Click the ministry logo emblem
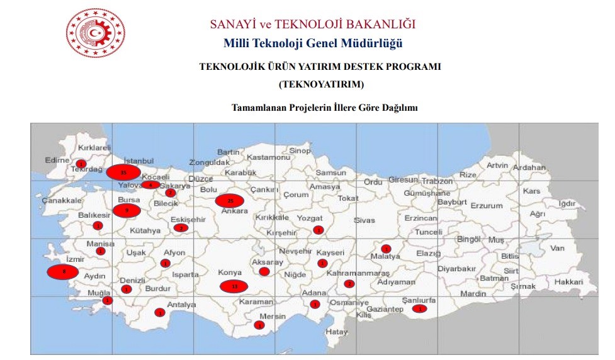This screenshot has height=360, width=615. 96,33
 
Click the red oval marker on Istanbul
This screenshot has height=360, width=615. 123,172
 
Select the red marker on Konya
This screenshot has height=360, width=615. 234,286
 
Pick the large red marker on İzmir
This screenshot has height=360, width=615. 63,272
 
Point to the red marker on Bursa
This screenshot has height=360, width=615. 127,210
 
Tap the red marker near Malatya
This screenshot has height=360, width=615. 386,249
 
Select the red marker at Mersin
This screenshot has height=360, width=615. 259,325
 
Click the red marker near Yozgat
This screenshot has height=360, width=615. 319,230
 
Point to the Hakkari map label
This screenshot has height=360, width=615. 569,283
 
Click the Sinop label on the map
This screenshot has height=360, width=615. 300,151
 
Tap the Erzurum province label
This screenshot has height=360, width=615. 487,206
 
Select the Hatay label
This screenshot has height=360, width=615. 337,332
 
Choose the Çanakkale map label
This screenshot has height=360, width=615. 62,200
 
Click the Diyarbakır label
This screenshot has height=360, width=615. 458,268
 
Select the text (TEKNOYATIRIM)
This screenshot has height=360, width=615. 321,84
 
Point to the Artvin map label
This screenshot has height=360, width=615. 497,166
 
